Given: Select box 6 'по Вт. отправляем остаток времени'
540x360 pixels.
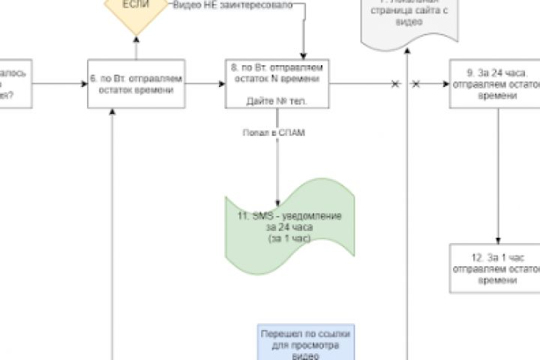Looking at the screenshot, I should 136,84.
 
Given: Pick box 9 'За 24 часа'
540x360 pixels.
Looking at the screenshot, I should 494,85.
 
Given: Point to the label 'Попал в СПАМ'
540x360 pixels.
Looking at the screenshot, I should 274,132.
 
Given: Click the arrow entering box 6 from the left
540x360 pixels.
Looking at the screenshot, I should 60,84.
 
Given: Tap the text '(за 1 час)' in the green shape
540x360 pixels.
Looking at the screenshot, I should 289,238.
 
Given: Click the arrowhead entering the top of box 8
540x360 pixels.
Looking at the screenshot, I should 304,55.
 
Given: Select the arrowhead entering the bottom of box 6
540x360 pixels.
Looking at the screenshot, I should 112,111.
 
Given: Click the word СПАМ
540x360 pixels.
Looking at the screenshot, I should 292,132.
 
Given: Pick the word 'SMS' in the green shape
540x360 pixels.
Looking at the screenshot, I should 262,216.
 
